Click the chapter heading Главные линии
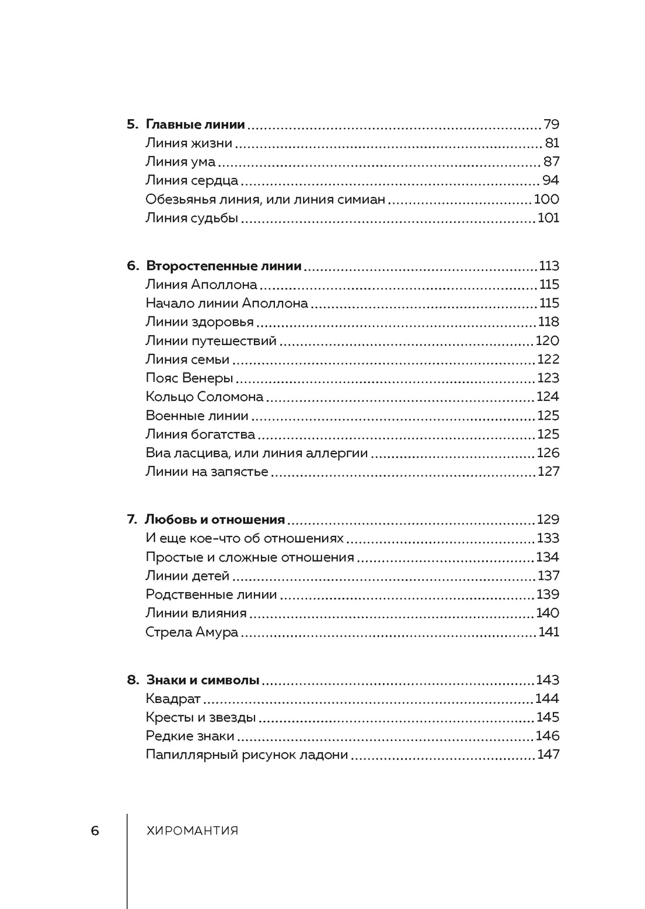click(x=195, y=124)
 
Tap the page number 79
click(x=551, y=124)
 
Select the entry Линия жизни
click(x=189, y=143)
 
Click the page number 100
click(x=546, y=200)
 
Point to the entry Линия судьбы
click(x=192, y=218)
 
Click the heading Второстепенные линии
click(x=223, y=266)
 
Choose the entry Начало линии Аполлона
click(x=226, y=303)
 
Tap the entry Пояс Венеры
click(x=189, y=378)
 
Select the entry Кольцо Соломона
click(x=204, y=397)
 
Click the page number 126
click(x=548, y=453)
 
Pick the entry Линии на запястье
click(x=206, y=472)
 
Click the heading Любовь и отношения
click(x=215, y=520)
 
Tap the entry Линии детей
click(x=187, y=576)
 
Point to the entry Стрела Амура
click(x=192, y=632)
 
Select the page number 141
click(x=549, y=632)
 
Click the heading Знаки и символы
click(x=202, y=680)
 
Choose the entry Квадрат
click(x=173, y=699)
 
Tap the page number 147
click(x=548, y=755)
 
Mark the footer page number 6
click(x=95, y=831)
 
